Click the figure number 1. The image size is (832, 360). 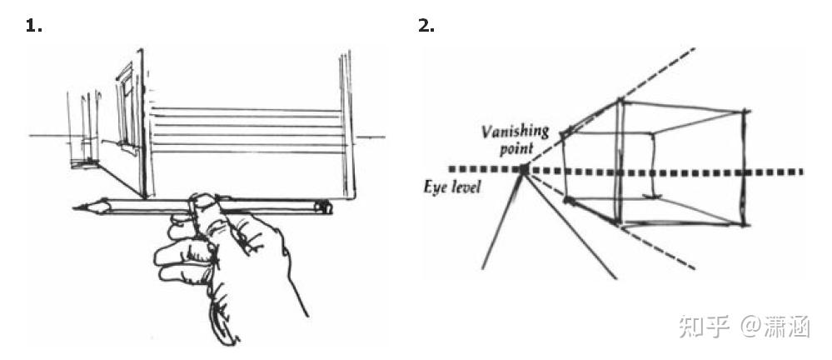pyautogui.click(x=33, y=26)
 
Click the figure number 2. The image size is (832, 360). pyautogui.click(x=426, y=26)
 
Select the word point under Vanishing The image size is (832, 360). pyautogui.click(x=516, y=147)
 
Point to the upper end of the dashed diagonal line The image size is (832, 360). pyautogui.click(x=690, y=48)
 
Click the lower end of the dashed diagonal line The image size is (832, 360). pyautogui.click(x=693, y=268)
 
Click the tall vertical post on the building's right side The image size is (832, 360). pyautogui.click(x=345, y=125)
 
